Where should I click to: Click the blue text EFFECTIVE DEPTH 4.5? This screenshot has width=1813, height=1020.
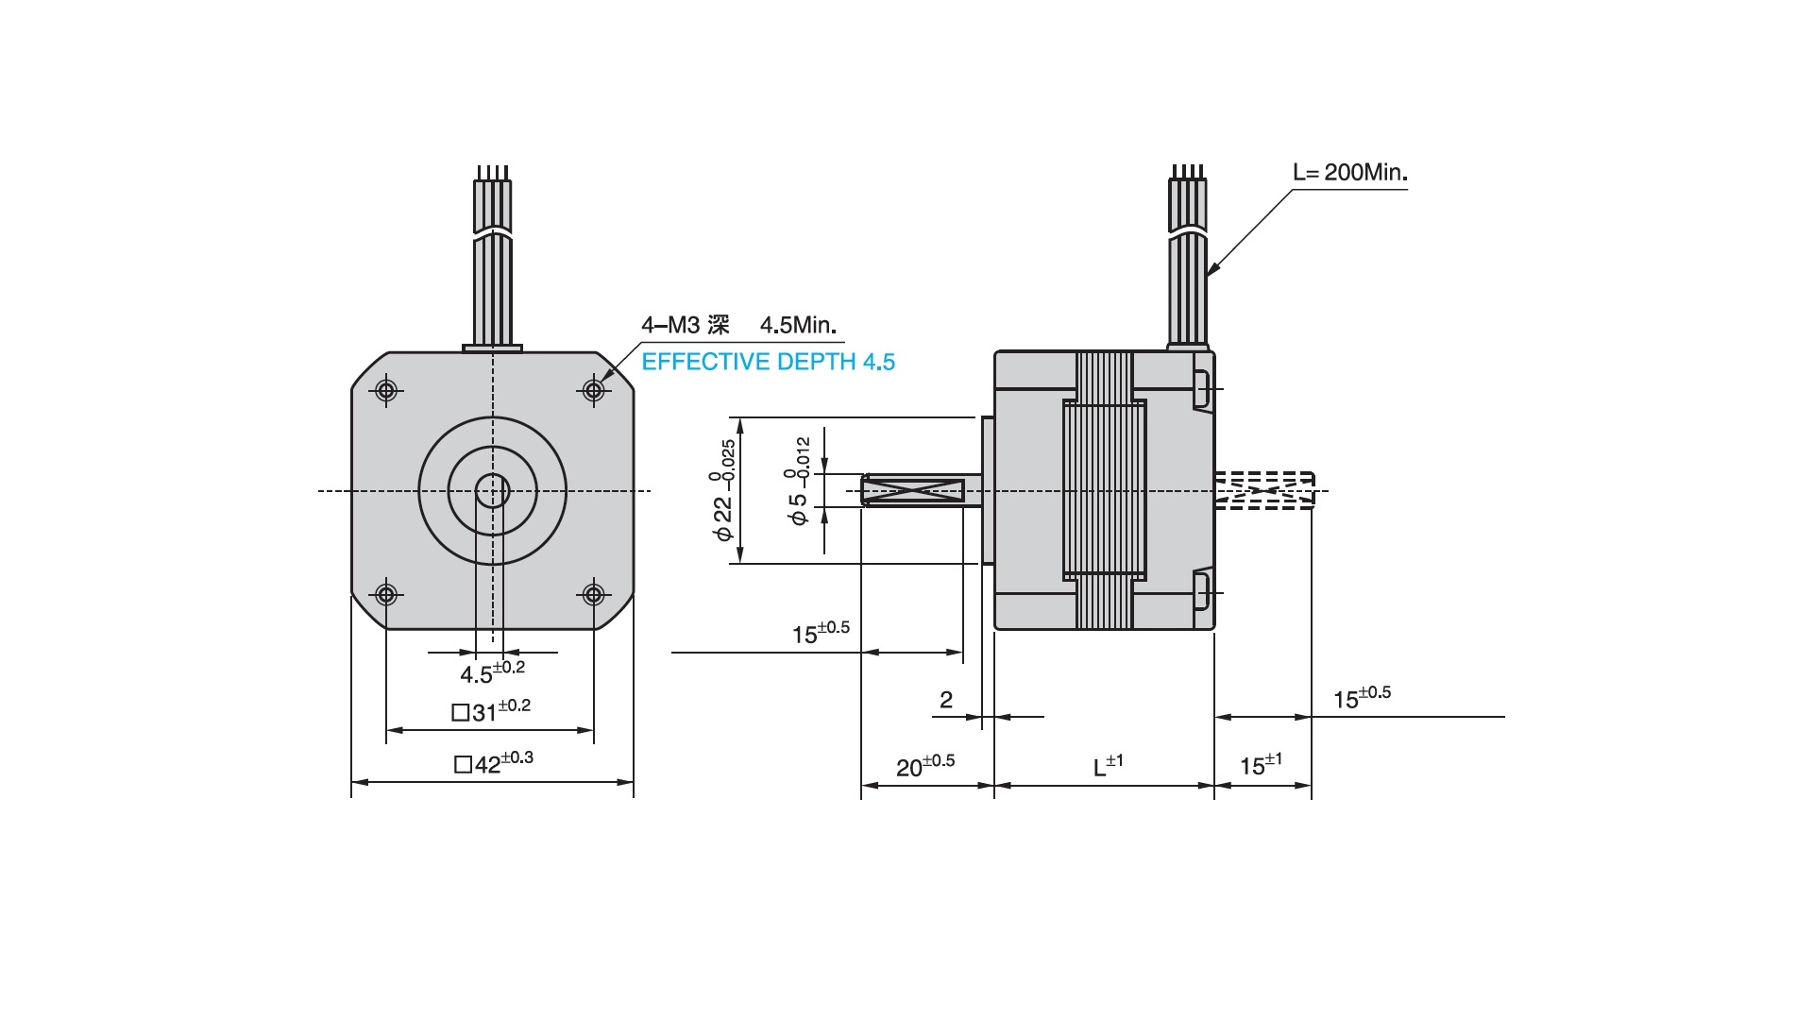tap(768, 362)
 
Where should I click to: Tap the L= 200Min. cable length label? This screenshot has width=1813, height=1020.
tap(1349, 172)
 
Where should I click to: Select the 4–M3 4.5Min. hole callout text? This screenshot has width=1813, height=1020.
tap(738, 325)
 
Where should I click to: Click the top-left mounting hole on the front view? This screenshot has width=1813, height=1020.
tap(386, 389)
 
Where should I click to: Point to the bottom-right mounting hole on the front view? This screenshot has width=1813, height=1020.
tap(593, 594)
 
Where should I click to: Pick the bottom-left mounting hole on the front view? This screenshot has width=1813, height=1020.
tap(386, 594)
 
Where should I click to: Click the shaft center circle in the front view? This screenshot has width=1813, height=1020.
tap(492, 491)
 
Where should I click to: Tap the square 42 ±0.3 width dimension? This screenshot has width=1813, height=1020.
tap(494, 762)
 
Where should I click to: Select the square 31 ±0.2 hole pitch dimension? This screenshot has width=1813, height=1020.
tap(491, 710)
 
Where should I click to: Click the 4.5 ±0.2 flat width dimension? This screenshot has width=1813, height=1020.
tap(492, 671)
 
